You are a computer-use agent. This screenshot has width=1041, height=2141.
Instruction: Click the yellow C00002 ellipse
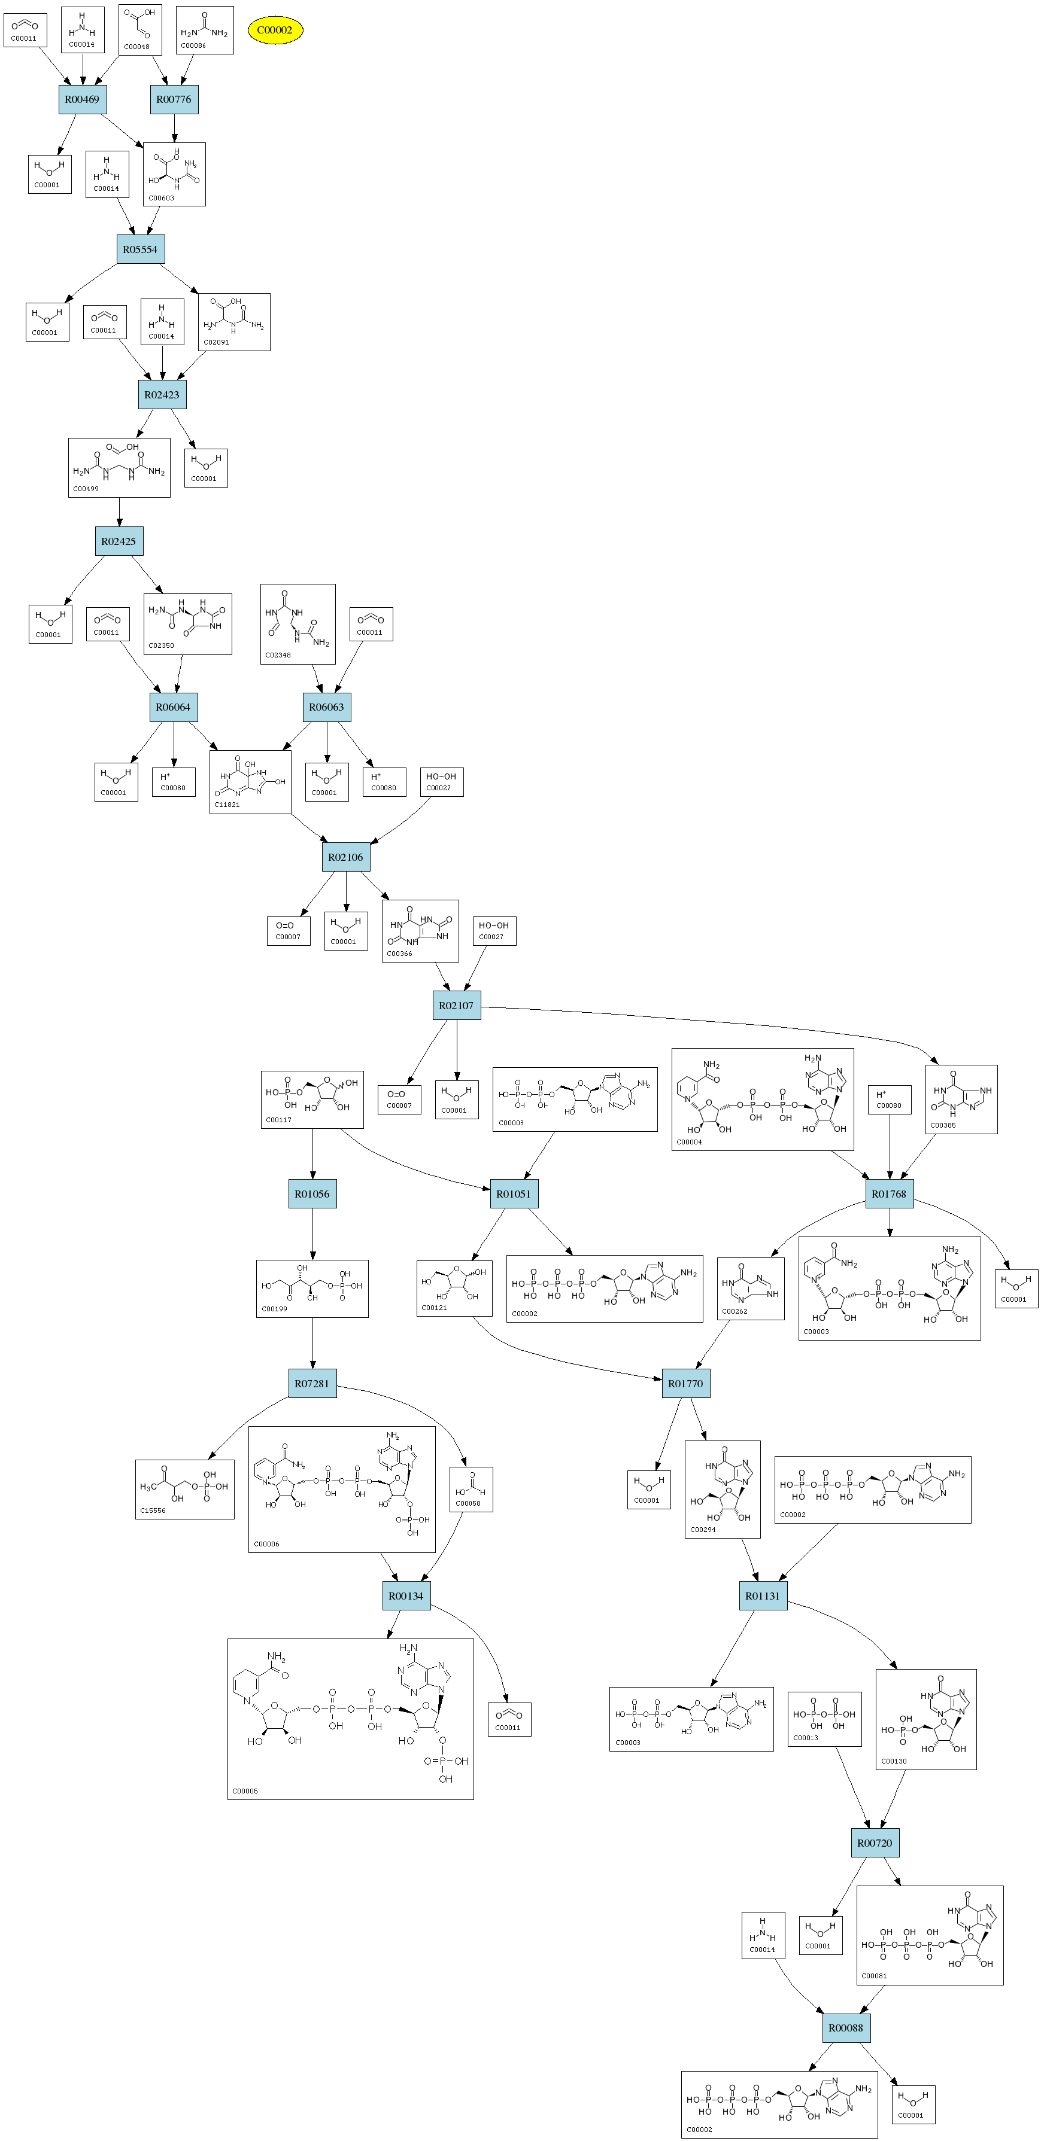tap(275, 31)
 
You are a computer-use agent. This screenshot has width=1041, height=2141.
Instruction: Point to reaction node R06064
tap(173, 707)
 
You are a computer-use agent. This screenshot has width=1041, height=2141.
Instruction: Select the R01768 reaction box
tap(889, 1195)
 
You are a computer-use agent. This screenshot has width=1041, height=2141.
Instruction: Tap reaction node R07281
tap(312, 1384)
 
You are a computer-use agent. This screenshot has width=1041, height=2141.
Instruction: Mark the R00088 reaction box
tap(846, 2028)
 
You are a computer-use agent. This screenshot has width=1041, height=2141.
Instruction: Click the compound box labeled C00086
tap(205, 31)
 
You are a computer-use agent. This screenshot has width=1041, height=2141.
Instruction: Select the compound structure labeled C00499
tap(119, 468)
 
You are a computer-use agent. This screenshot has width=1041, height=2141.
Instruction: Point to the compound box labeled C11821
tap(250, 782)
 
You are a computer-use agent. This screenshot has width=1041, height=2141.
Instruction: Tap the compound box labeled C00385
tap(961, 1100)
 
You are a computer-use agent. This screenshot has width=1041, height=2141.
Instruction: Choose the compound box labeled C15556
tap(184, 1490)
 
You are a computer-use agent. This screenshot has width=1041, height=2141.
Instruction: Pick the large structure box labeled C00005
tap(350, 1719)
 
